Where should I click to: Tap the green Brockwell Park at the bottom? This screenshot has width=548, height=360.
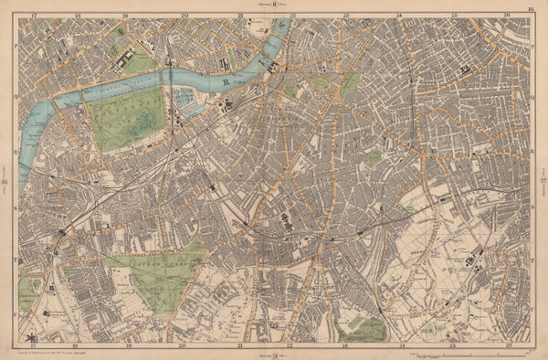pos(369,328)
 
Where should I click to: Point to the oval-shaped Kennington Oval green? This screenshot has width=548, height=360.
pos(350,84)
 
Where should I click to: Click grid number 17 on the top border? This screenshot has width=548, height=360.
pos(34,16)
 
